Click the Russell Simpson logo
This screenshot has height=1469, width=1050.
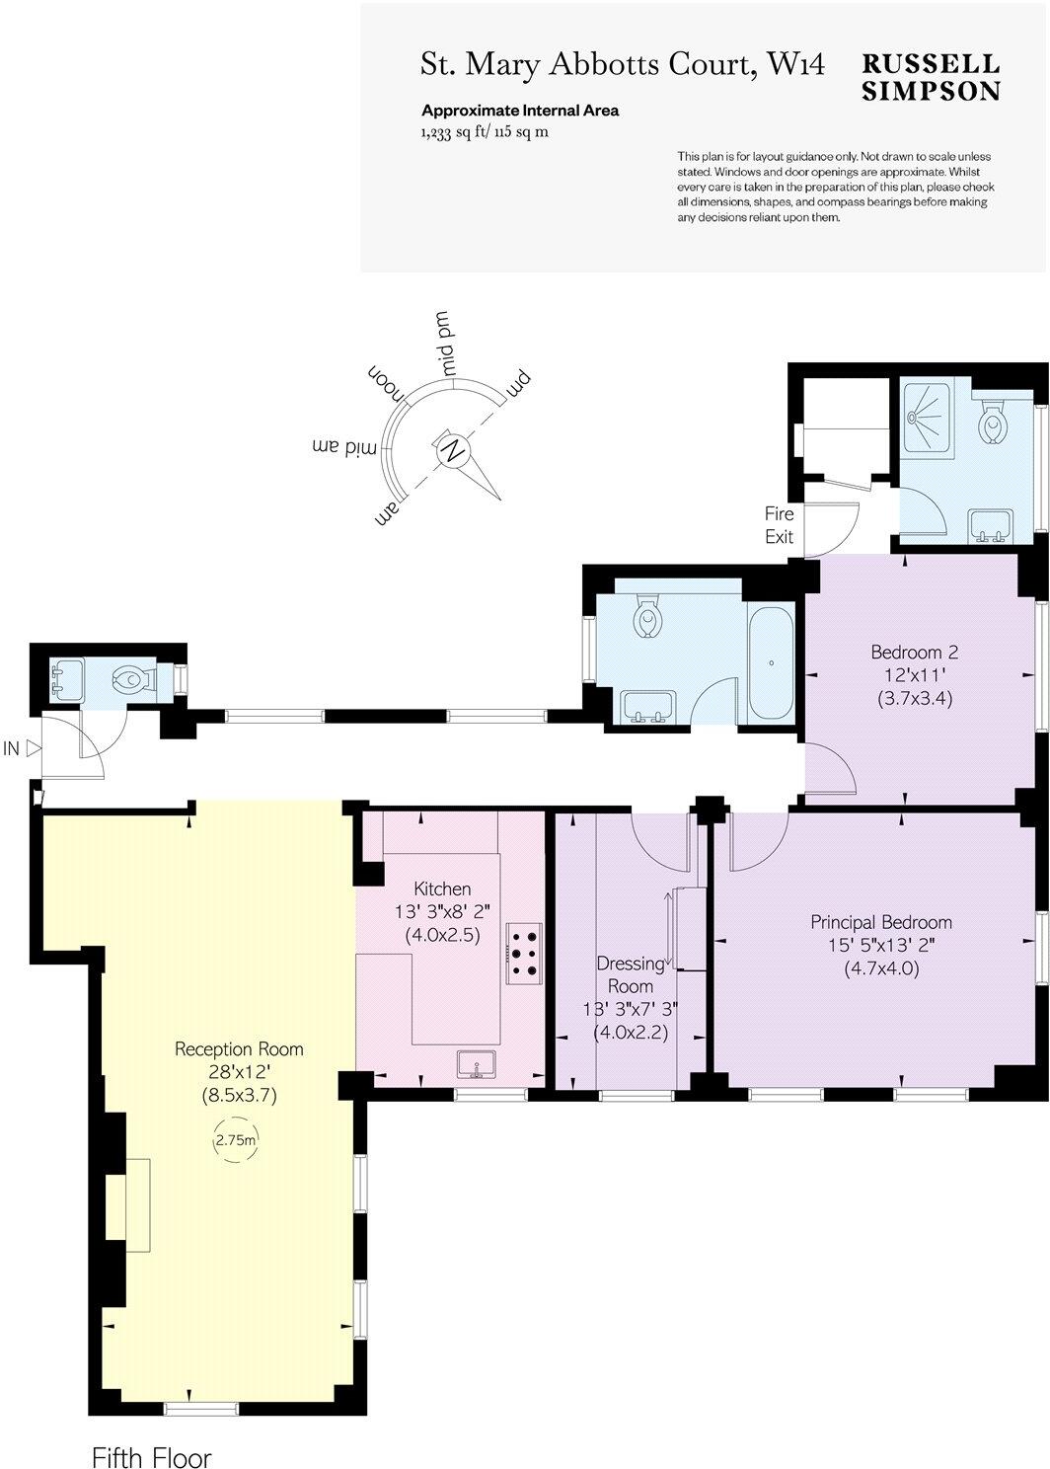click(931, 77)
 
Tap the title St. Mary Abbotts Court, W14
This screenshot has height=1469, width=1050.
click(623, 65)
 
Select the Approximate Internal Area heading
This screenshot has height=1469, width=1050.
click(520, 111)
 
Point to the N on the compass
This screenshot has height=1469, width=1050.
click(453, 451)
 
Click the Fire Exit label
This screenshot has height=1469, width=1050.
click(779, 525)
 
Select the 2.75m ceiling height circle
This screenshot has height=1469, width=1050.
click(237, 1140)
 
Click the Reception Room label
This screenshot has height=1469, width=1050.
click(239, 1048)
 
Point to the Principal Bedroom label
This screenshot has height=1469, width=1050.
click(881, 922)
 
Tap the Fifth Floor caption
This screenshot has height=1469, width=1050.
click(151, 1457)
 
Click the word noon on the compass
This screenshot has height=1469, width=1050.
click(389, 386)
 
